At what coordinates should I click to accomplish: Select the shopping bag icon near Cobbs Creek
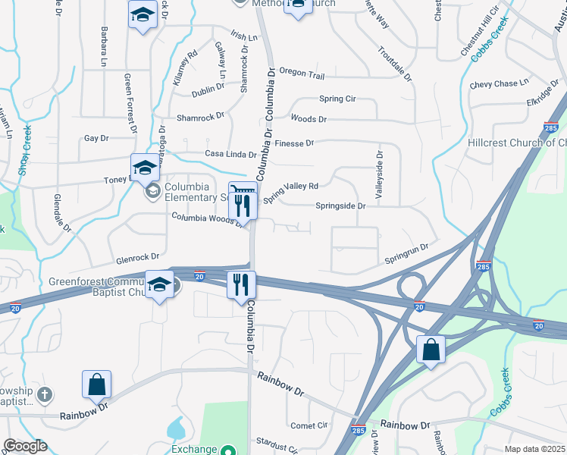pos(431,350)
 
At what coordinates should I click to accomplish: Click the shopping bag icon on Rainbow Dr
pos(97,384)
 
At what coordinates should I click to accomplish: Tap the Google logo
pos(25,446)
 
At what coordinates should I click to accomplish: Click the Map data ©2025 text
pos(534,449)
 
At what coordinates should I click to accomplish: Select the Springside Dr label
pos(340,206)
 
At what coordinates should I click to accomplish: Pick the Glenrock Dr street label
pos(133,257)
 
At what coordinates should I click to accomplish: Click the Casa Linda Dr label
pos(230,154)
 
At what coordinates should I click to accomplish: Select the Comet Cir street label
pos(309,425)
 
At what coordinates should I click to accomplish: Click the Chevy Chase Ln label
pos(498,83)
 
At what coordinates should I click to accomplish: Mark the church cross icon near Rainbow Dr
pos(45,394)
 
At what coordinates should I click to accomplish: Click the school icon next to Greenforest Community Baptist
pos(159,284)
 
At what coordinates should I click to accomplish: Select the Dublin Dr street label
pos(208,87)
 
